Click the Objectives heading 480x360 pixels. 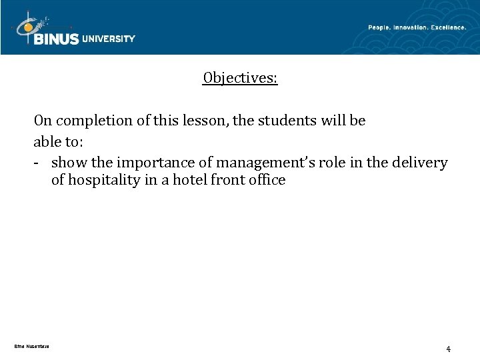tap(240, 79)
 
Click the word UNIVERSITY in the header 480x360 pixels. tap(108, 39)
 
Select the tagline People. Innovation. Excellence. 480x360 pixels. tap(417, 27)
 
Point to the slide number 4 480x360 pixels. tap(449, 349)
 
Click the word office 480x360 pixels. tap(267, 181)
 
